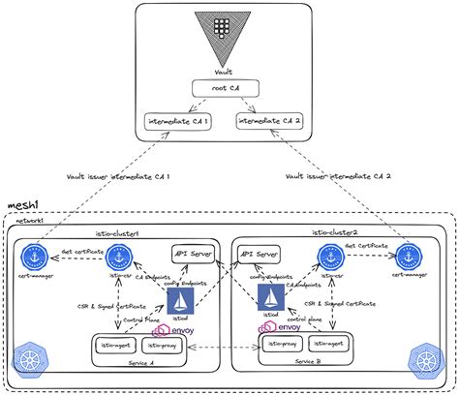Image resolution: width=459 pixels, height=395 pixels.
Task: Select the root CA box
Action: (224, 89)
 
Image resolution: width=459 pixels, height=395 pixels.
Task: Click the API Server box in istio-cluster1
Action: (191, 254)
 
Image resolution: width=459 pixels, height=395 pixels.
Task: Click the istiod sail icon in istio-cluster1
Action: (180, 301)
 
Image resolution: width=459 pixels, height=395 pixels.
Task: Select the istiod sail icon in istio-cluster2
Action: (273, 301)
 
